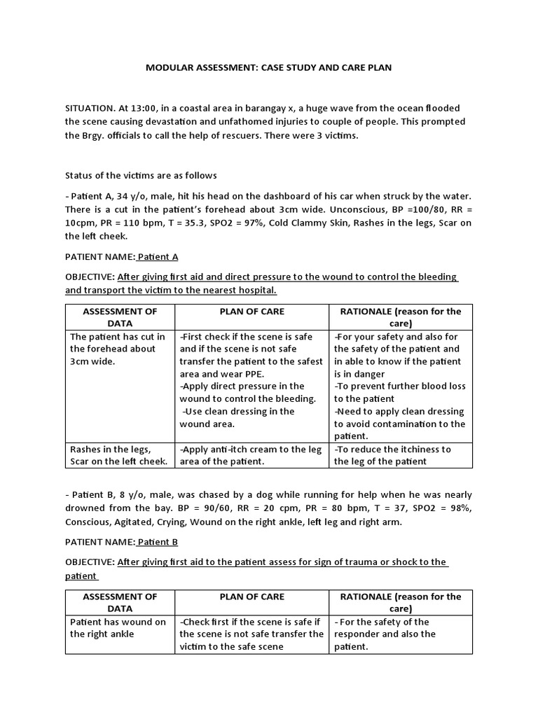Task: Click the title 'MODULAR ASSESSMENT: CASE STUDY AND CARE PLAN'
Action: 269,68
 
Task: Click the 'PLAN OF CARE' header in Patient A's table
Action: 251,312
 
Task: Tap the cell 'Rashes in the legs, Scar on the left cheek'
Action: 119,455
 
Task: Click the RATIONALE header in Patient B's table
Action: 401,603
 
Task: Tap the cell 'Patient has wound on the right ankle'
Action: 118,628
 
